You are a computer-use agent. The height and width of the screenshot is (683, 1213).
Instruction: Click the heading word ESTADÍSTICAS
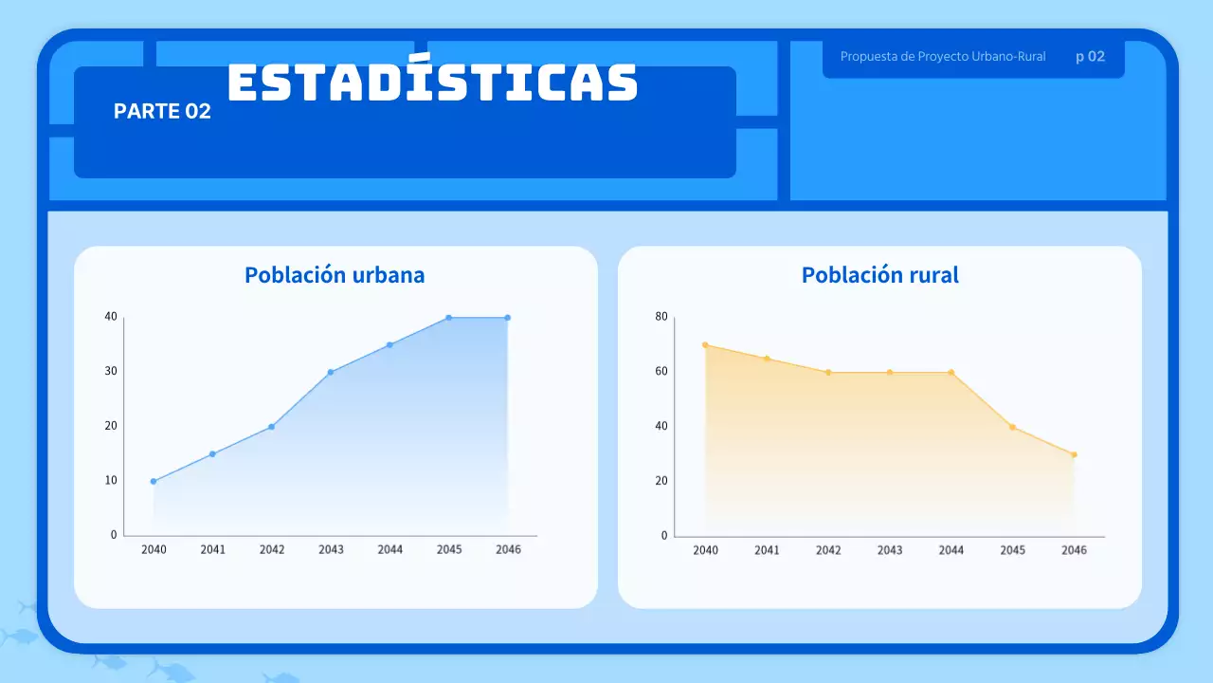coord(432,83)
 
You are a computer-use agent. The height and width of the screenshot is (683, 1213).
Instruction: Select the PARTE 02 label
coord(162,111)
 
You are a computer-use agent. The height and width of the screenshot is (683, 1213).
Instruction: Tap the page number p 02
coord(1090,57)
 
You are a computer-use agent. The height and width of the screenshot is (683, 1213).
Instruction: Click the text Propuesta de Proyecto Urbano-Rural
coord(943,57)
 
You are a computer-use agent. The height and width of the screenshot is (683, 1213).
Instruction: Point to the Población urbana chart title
coord(335,275)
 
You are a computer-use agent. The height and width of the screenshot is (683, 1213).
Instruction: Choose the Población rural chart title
coord(879,275)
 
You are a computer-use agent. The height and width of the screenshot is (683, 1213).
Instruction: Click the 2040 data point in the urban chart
coord(154,481)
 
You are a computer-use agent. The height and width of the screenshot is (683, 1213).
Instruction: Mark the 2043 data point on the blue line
coord(331,372)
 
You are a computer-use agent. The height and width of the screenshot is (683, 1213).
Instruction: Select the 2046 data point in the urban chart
coord(508,318)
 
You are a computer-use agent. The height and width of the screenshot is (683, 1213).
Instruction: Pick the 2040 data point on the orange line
coord(705,345)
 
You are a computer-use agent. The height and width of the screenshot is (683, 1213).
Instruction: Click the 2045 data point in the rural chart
coord(1012,427)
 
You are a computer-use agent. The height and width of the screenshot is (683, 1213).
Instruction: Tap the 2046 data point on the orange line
coord(1074,454)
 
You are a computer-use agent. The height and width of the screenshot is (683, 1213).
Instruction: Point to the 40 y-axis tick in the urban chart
coord(111,317)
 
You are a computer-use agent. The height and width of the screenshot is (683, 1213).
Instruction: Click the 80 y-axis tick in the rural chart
coord(661,317)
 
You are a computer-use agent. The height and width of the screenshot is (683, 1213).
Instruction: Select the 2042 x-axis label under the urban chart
coord(272,549)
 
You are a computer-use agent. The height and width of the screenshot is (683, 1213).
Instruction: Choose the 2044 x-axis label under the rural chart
coord(950,550)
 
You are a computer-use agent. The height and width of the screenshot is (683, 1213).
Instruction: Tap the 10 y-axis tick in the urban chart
coord(111,481)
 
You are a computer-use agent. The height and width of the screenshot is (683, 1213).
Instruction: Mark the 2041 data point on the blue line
coord(212,454)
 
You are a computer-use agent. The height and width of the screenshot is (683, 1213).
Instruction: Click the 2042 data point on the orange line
coord(827,372)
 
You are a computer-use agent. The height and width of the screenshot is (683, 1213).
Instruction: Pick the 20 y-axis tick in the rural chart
coord(661,481)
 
